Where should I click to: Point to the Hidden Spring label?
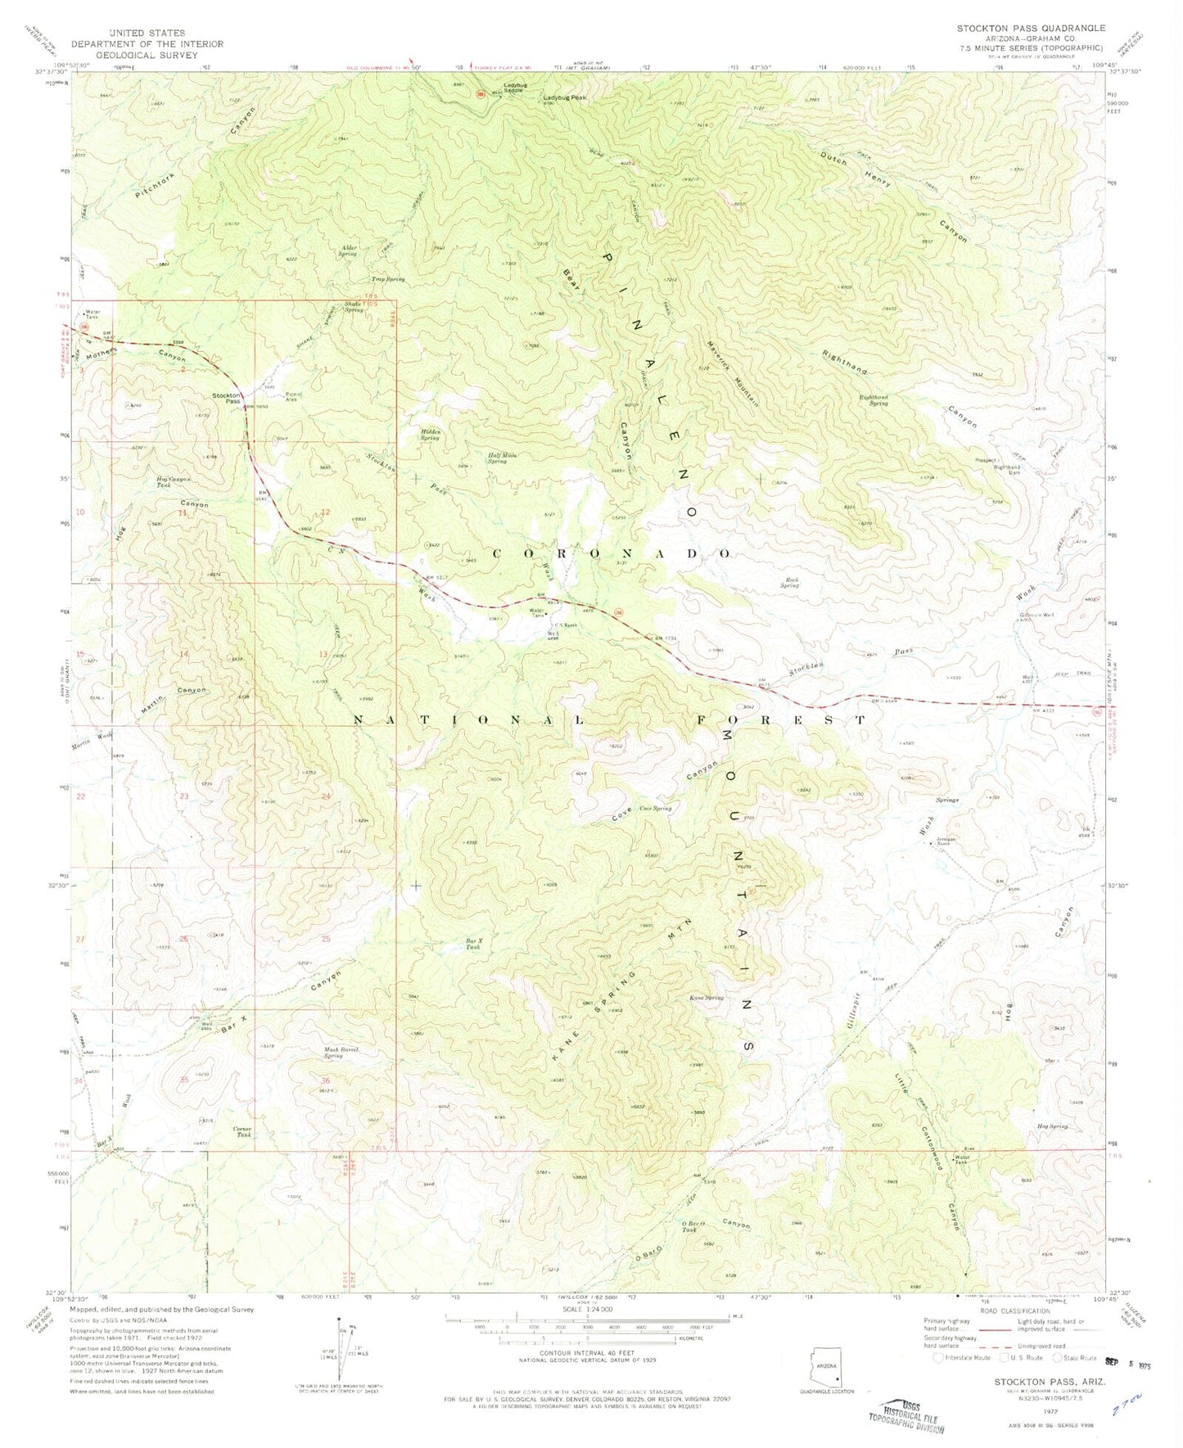[431, 435]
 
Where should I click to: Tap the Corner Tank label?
[244, 1132]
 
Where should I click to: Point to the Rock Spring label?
[789, 583]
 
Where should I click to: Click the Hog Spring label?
[1053, 1126]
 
